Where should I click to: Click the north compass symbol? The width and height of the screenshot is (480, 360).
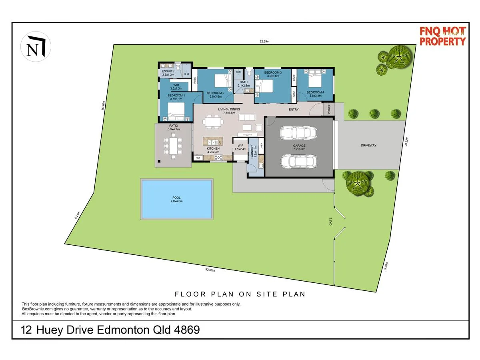(x=36, y=47)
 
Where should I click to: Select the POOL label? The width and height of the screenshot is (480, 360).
(x=177, y=199)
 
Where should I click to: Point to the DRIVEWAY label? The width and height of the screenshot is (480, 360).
(x=368, y=145)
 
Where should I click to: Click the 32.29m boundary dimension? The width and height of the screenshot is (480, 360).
(x=264, y=41)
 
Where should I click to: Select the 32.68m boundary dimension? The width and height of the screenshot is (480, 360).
(x=210, y=270)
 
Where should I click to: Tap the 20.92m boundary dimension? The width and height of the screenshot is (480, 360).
(x=407, y=142)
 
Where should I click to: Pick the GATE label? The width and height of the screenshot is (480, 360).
(x=330, y=221)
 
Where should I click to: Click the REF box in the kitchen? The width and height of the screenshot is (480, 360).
(x=198, y=158)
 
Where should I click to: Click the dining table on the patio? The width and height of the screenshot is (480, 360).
(x=173, y=146)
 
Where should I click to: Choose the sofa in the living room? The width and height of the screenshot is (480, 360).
(x=247, y=118)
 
